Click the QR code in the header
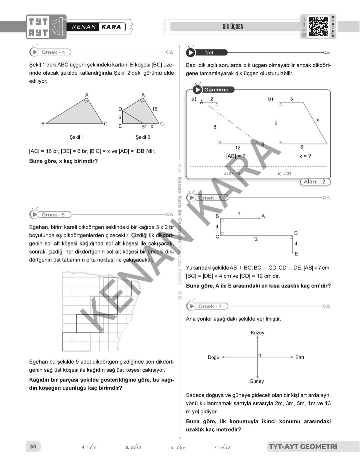[318, 27]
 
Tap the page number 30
[33, 447]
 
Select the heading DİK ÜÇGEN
[233, 27]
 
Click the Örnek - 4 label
[53, 52]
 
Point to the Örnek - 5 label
[53, 215]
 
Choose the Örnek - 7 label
[210, 306]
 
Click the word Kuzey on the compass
[257, 333]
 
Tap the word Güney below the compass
[257, 381]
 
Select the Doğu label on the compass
[213, 357]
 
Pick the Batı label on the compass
[299, 357]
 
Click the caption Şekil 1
[77, 137]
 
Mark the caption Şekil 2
[143, 137]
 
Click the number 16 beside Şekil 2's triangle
[155, 109]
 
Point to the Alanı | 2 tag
[314, 182]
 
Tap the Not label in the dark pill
[209, 52]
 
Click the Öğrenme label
[216, 90]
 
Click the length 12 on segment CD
[255, 239]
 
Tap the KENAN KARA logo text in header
[96, 27]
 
